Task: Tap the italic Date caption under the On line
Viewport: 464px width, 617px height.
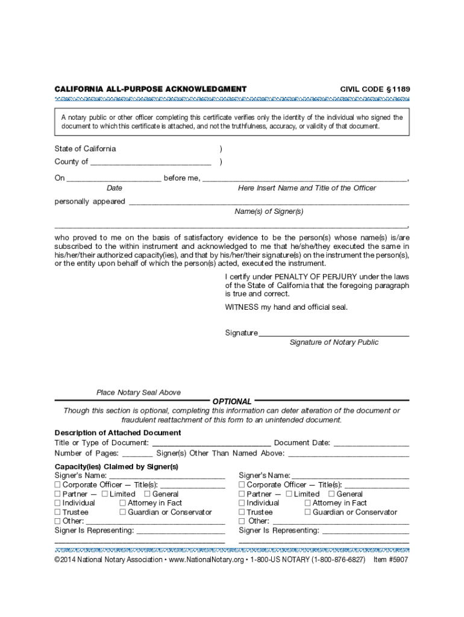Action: click(x=114, y=188)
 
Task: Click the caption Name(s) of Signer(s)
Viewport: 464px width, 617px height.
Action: click(x=269, y=211)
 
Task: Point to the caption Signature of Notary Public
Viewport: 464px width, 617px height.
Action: click(x=334, y=342)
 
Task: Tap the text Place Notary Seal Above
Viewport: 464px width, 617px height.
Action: click(x=139, y=392)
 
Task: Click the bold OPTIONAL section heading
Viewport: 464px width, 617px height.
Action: click(x=232, y=401)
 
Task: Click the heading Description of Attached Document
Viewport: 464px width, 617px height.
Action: click(x=118, y=433)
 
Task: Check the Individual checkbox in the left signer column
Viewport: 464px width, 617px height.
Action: click(x=58, y=503)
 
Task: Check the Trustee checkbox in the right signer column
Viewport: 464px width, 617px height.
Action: click(x=242, y=512)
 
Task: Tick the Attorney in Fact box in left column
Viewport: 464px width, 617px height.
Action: click(x=123, y=503)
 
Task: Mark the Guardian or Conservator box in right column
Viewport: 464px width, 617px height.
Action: click(x=308, y=512)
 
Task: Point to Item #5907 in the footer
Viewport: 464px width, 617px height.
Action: click(x=390, y=560)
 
